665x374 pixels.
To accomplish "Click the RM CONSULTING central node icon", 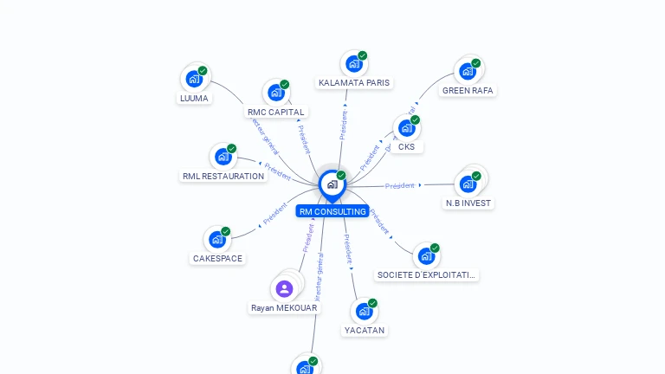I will coord(331,184).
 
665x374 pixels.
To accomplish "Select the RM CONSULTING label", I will coord(332,211).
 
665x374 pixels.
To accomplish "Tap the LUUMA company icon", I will coord(194,79).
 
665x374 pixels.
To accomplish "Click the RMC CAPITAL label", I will coord(275,112).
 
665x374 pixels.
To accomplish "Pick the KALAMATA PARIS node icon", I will coord(353,63).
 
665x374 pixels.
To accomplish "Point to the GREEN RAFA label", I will coord(468,90).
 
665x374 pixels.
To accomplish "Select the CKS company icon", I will coord(406,128).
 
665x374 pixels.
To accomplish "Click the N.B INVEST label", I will coord(468,203).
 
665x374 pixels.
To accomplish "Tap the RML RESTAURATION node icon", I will coord(223,157).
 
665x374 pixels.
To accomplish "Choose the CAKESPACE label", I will coord(217,258).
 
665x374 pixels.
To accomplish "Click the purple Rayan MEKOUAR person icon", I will coord(284,288).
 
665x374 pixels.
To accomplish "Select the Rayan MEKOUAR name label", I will coord(284,307).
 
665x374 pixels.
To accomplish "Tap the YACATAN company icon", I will coord(364,311).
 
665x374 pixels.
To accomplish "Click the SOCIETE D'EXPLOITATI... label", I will coord(426,274).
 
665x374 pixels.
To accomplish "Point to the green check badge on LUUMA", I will coord(203,71).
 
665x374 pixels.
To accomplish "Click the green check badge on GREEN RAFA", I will coord(476,63).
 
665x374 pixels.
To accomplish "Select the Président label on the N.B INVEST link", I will coord(400,185).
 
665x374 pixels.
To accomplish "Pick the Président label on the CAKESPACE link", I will coord(275,214).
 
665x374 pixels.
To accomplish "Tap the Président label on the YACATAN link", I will coord(347,248).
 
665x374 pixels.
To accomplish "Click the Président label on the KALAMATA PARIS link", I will coord(344,124).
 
